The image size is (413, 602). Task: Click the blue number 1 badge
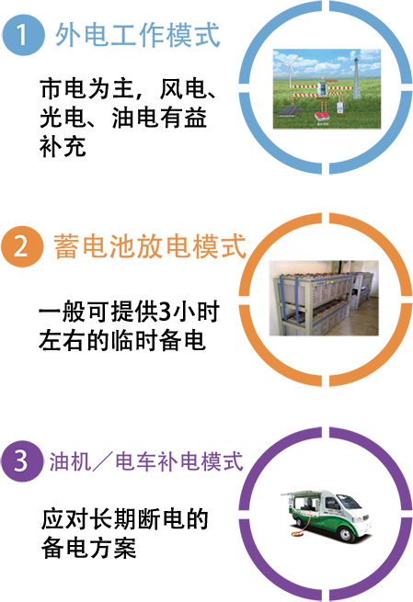coord(23,35)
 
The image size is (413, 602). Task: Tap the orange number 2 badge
coord(22,246)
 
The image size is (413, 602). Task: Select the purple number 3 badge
coord(21,460)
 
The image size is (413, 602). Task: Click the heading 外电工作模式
coord(138,35)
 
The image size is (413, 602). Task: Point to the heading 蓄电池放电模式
coord(149,246)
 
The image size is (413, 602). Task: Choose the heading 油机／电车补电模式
coord(146,461)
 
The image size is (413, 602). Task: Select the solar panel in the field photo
coord(289,111)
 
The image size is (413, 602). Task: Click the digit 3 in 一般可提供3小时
coord(164,312)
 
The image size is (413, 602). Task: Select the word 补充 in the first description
coord(63,147)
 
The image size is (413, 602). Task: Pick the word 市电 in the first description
coord(63,89)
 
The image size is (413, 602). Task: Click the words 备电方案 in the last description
coord(88,548)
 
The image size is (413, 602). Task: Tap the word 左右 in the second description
coord(63,340)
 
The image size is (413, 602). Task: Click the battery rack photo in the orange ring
coord(324,298)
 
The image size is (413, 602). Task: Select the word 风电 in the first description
coord(183,89)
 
